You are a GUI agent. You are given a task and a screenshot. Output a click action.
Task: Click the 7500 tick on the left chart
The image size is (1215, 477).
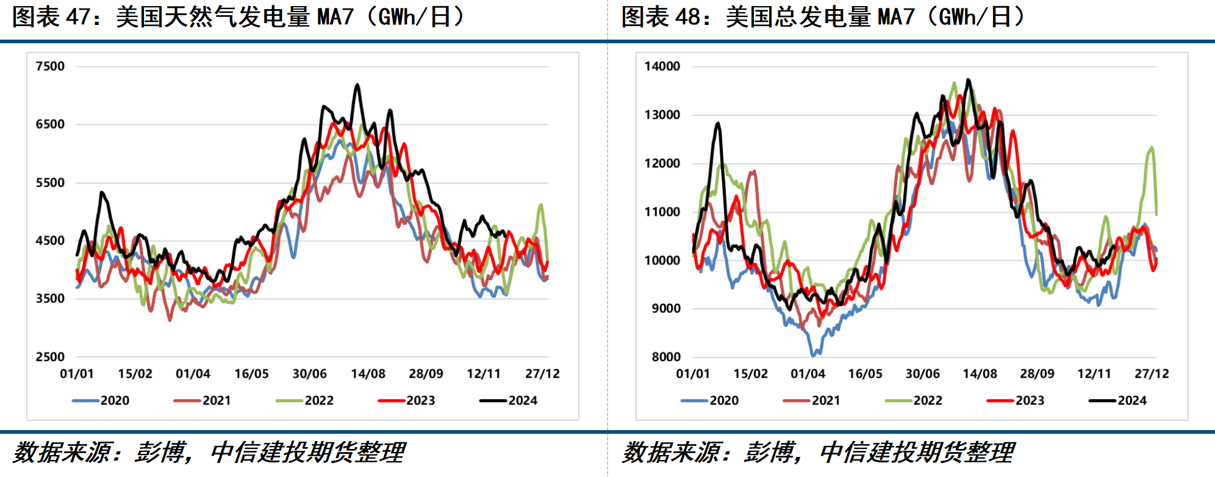tap(50, 66)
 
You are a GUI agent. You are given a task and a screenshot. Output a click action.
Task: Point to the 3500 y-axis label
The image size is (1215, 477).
tap(50, 299)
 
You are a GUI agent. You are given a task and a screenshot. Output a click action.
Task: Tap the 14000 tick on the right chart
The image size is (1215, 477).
tap(662, 66)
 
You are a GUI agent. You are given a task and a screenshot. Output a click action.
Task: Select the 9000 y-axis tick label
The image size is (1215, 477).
tap(666, 309)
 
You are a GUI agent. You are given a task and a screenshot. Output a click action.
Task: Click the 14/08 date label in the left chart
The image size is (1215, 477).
tap(368, 374)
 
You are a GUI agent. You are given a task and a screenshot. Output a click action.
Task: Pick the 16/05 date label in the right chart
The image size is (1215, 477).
tap(865, 374)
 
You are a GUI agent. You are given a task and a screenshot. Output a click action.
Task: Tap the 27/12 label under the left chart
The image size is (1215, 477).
tap(542, 374)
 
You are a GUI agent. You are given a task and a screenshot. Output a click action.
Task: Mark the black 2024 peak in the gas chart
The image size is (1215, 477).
tap(357, 86)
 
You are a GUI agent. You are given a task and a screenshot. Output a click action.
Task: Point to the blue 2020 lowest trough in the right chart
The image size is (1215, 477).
tap(814, 354)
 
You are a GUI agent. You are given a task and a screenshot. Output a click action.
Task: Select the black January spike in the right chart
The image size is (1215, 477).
tap(718, 124)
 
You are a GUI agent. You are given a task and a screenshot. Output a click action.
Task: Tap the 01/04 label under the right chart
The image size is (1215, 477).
tap(808, 374)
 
